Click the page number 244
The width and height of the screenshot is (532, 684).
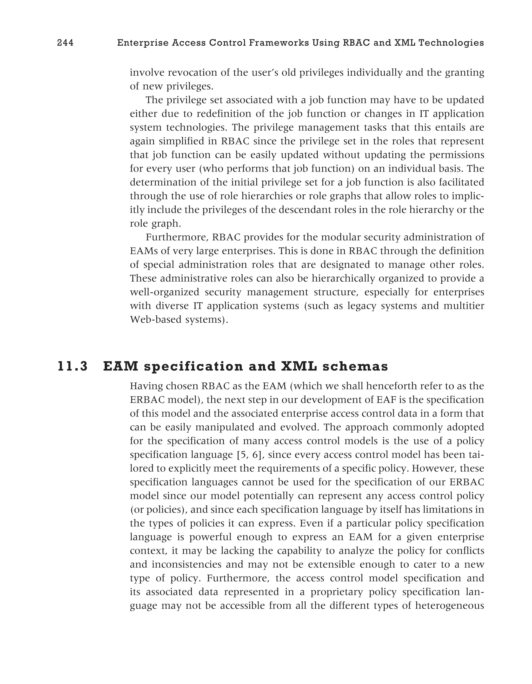coord(65,43)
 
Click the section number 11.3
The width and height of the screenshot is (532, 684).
coord(73,367)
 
